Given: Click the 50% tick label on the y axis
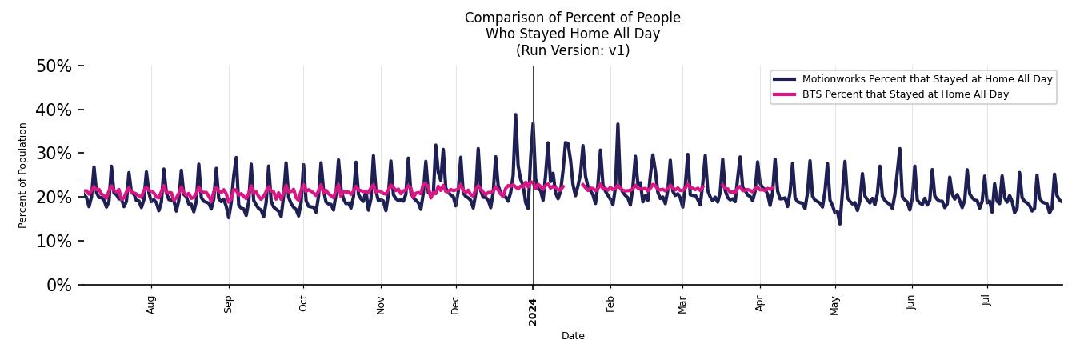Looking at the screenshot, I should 54,66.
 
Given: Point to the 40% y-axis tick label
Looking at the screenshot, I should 54,110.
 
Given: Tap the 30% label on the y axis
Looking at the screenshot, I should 54,154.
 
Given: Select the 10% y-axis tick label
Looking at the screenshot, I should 54,242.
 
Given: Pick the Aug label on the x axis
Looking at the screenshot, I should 151,304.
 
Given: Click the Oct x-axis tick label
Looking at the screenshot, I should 303,303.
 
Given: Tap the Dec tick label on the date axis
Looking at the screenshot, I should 455,304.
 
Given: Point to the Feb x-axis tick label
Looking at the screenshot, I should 610,303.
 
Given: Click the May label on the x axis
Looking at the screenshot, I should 835,305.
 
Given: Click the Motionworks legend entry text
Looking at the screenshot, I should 927,79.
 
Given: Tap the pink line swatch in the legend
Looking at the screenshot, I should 784,94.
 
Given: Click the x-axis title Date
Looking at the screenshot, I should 573,336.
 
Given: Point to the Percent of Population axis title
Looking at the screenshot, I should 23,175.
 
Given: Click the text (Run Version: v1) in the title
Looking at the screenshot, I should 573,50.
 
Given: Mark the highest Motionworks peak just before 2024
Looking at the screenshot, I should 515,114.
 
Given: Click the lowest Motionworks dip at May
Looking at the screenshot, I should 839,223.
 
